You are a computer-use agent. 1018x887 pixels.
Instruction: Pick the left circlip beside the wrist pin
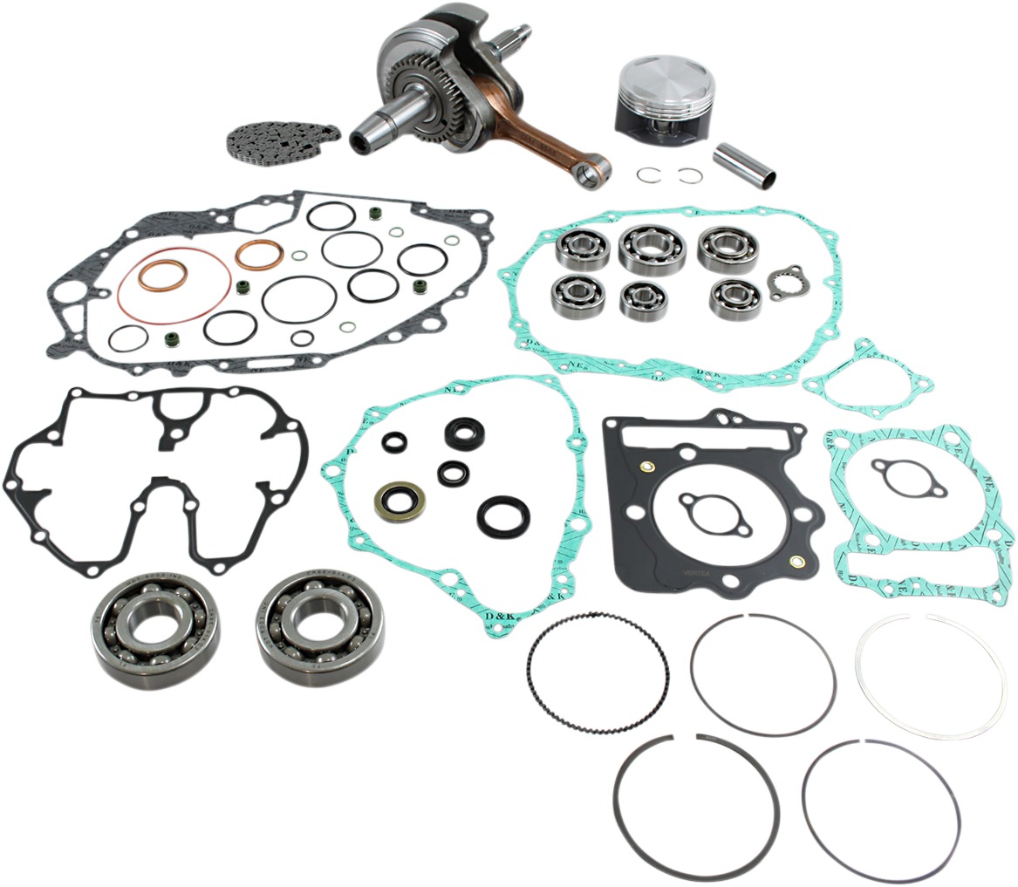tap(646, 174)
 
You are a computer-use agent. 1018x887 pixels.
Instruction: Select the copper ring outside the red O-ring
tap(259, 254)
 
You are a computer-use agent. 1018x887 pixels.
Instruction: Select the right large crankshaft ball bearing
tap(320, 617)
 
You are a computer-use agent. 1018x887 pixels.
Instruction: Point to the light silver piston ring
tap(930, 676)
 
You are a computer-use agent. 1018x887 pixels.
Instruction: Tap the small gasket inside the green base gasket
tap(912, 476)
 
